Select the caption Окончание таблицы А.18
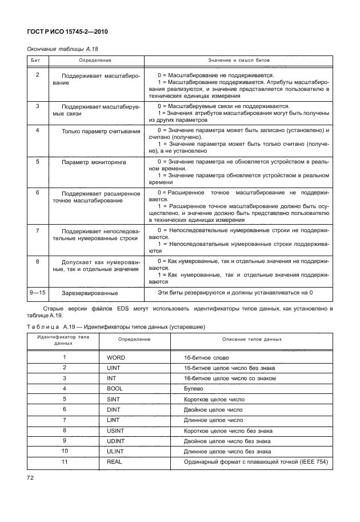pos(62,50)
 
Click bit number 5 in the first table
pos(37,162)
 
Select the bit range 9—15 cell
pos(38,293)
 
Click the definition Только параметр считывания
pos(101,131)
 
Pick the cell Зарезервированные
pos(90,293)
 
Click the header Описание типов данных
pos(252,339)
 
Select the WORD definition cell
pos(117,357)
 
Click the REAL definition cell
pos(115,461)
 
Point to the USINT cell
pos(117,430)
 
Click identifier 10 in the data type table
pos(64,451)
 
